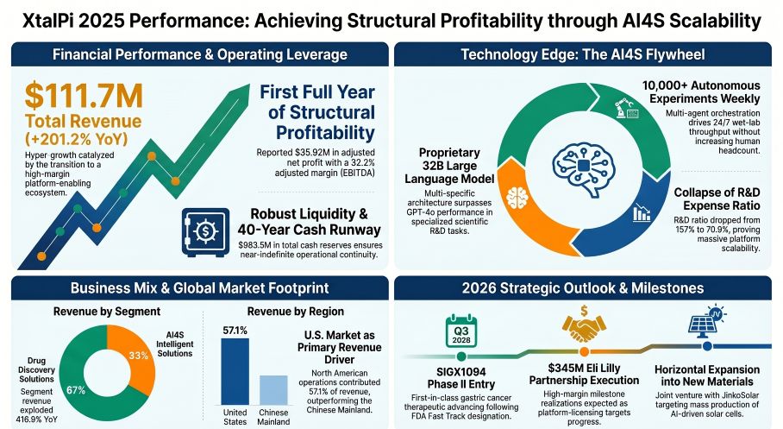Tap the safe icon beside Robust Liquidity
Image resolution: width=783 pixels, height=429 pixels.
[x=205, y=230]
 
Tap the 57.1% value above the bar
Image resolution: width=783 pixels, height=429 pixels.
[x=235, y=330]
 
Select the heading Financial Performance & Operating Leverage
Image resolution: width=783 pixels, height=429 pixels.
[x=199, y=55]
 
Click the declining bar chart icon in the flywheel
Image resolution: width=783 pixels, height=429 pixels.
[x=642, y=212]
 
